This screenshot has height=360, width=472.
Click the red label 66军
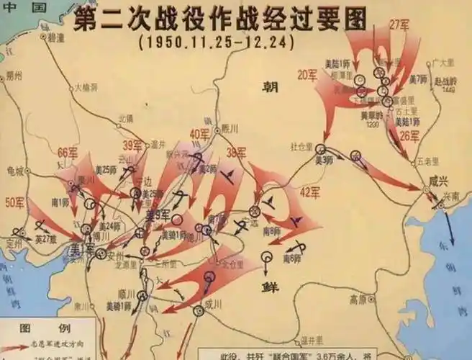pyautogui.click(x=67, y=153)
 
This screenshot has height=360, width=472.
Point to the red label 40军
pyautogui.click(x=200, y=133)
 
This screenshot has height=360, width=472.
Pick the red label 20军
pyautogui.click(x=307, y=73)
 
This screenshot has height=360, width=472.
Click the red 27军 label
pyautogui.click(x=398, y=24)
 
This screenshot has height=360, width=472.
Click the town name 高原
pyautogui.click(x=357, y=298)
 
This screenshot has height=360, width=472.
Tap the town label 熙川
pyautogui.click(x=229, y=129)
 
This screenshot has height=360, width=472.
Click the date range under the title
pyautogui.click(x=216, y=42)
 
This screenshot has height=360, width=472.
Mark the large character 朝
pyautogui.click(x=270, y=87)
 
